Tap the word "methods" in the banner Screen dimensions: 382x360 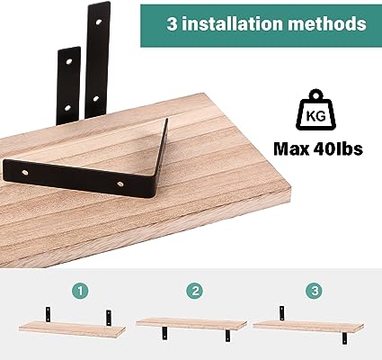click(327, 23)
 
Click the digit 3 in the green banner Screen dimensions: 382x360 click(173, 23)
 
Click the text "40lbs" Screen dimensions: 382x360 click(338, 148)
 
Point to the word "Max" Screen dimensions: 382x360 click(291, 148)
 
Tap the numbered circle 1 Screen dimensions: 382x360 click(80, 291)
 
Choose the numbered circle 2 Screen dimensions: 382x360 click(195, 291)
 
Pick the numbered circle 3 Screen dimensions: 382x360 click(315, 291)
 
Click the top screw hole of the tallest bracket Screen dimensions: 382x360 click(99, 22)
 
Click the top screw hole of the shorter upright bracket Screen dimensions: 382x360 click(69, 61)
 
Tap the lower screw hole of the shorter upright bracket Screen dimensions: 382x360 click(68, 107)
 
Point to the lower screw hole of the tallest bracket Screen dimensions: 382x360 click(96, 98)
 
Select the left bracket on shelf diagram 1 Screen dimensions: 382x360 click(48, 314)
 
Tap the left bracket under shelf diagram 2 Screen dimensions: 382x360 click(164, 333)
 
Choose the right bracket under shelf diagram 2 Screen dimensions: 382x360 click(227, 336)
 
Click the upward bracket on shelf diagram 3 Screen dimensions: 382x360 click(281, 313)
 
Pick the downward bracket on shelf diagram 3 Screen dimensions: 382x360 click(344, 338)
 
